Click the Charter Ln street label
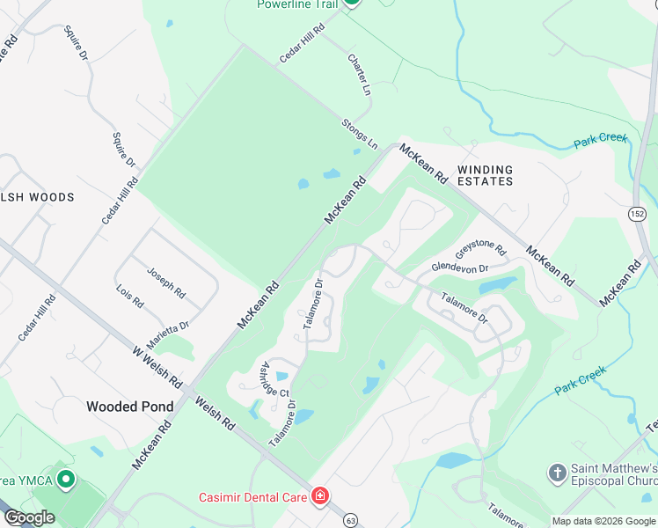point(360,76)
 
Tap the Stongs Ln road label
point(360,132)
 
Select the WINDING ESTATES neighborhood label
point(485,174)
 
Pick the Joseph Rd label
point(166,282)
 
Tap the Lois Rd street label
point(129,296)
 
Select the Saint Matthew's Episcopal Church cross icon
point(556,474)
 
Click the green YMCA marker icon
point(65,480)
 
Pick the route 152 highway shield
point(637,214)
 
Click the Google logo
point(29,517)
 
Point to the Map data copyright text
point(603,521)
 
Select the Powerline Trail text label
point(296,4)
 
